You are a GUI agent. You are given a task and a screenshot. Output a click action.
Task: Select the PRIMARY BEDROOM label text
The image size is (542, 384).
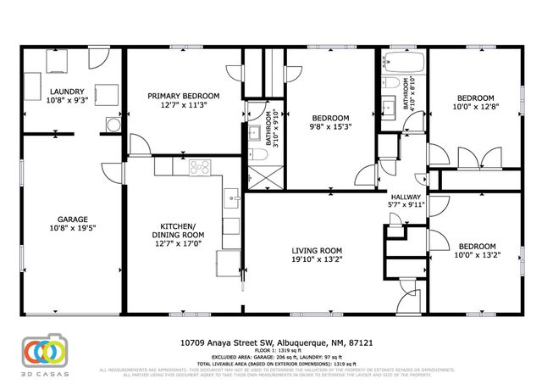pyautogui.click(x=184, y=96)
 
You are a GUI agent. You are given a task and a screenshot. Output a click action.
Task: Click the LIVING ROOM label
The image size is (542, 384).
pyautogui.click(x=317, y=250)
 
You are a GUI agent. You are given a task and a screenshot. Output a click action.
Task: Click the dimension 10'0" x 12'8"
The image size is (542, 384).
pyautogui.click(x=475, y=107)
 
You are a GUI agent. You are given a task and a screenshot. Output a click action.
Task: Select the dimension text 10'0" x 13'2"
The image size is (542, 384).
pyautogui.click(x=475, y=253)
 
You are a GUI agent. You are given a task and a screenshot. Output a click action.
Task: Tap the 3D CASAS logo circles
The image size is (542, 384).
pyautogui.click(x=41, y=350)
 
